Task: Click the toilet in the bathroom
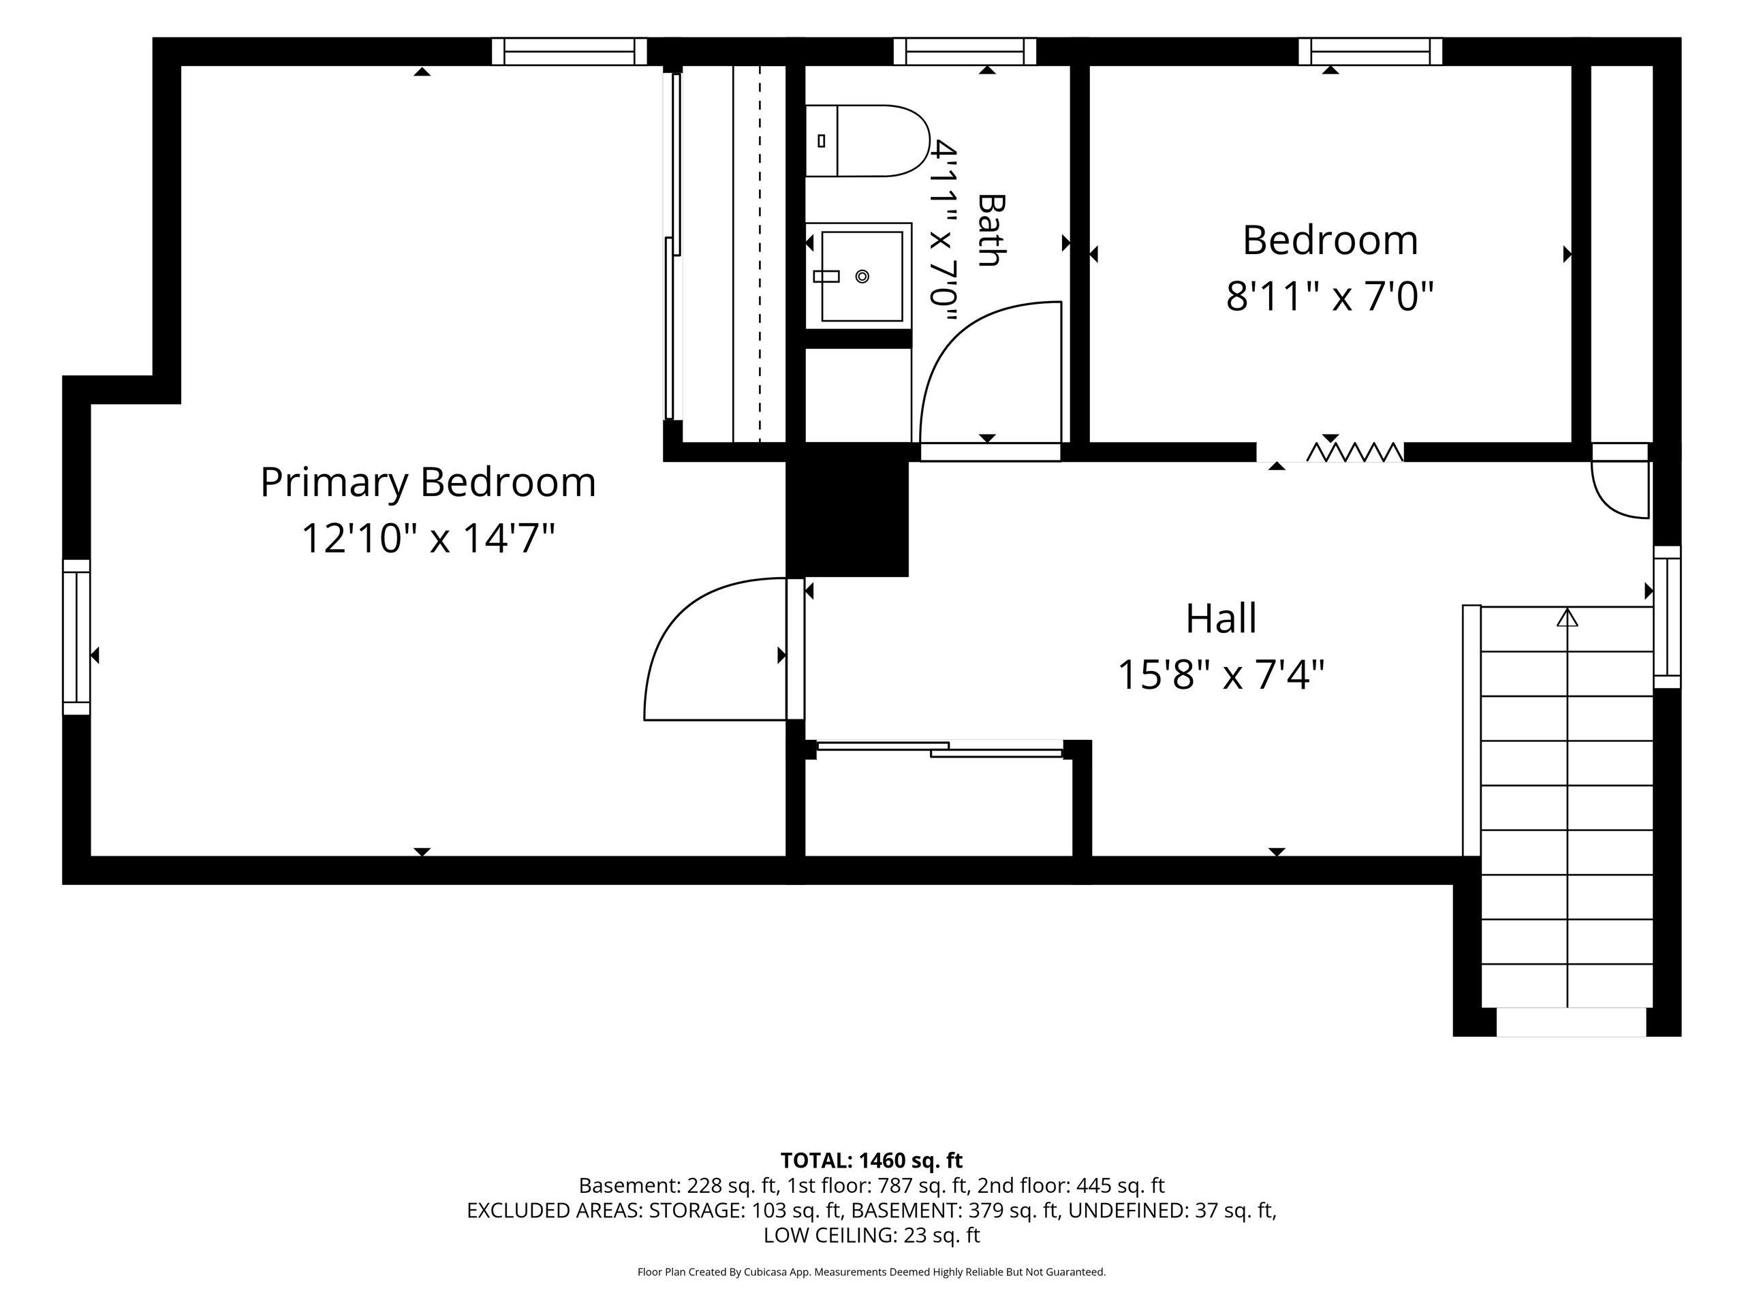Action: (x=867, y=140)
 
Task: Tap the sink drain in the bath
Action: (x=862, y=276)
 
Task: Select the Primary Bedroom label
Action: (x=428, y=482)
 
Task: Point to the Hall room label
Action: (x=1221, y=618)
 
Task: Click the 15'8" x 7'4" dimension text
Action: (x=1221, y=675)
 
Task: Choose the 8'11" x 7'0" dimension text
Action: (x=1329, y=297)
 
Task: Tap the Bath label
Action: (x=991, y=230)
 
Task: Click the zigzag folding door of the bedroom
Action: (x=1354, y=452)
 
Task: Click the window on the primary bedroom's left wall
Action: (x=76, y=637)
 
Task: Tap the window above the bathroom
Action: (x=964, y=52)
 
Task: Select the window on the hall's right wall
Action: (x=1667, y=617)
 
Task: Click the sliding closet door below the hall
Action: (x=939, y=749)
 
